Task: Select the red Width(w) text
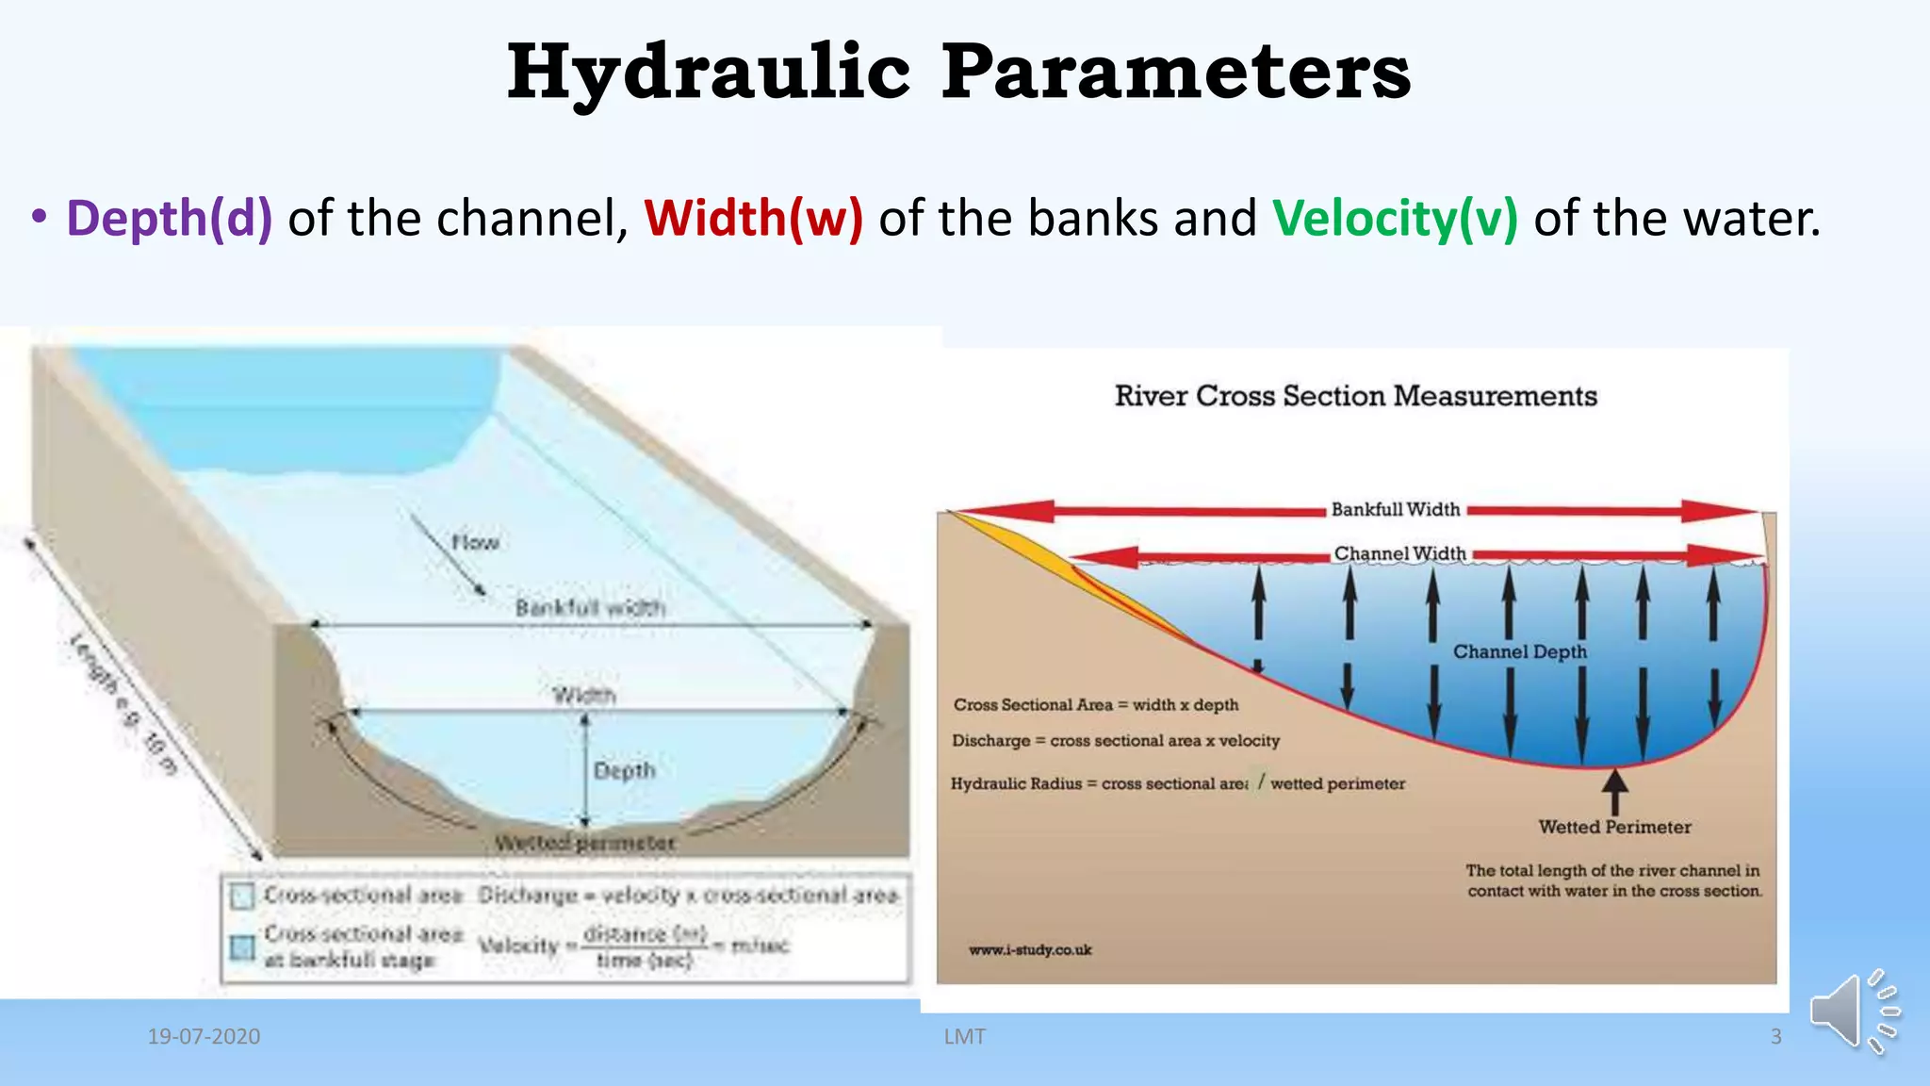point(753,218)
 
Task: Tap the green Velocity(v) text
point(1395,218)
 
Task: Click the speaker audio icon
point(1851,1011)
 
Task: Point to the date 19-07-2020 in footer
point(204,1036)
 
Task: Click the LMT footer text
point(964,1036)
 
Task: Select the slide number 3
point(1775,1036)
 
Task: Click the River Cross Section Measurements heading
point(1355,396)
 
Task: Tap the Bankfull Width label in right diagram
point(1395,509)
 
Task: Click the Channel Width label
point(1399,553)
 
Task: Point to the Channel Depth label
point(1519,651)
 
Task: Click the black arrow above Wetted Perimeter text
point(1615,790)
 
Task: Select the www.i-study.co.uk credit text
point(1030,949)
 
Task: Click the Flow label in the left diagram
point(474,542)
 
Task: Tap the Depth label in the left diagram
point(624,770)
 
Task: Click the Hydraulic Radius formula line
point(1177,783)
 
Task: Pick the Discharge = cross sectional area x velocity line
point(1116,740)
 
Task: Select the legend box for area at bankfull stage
point(243,946)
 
